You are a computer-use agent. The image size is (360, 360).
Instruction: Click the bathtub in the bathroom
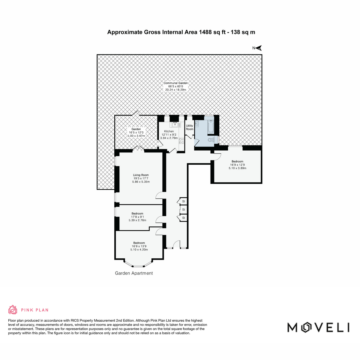click(x=211, y=127)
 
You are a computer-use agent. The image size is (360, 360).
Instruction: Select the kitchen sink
click(x=175, y=124)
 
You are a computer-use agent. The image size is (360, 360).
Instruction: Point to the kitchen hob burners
click(x=181, y=141)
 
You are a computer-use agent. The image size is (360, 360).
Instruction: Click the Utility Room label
click(x=189, y=127)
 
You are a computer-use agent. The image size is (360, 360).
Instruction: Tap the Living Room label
click(x=141, y=175)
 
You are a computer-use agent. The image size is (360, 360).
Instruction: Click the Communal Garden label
click(x=175, y=83)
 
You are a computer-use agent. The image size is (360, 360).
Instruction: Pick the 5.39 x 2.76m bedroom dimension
click(x=137, y=220)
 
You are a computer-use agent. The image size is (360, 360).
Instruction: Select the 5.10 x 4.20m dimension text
click(x=139, y=249)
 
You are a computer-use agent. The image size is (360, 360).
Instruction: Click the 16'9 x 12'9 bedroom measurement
click(x=237, y=165)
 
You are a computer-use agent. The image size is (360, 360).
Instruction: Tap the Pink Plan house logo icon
click(x=13, y=310)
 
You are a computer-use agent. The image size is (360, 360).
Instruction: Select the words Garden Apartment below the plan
click(x=134, y=273)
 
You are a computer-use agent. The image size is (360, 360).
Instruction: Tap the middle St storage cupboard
click(x=184, y=210)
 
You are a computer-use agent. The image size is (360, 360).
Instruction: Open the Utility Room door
click(x=189, y=136)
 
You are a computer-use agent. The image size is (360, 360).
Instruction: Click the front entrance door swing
click(x=176, y=244)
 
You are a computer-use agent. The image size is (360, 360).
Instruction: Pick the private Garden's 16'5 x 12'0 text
click(x=136, y=133)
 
